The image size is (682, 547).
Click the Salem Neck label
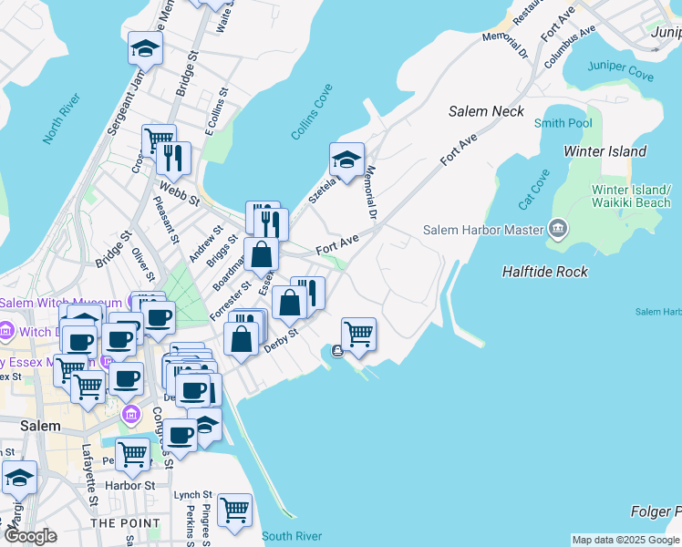pyautogui.click(x=486, y=111)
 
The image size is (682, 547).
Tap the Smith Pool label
pyautogui.click(x=563, y=123)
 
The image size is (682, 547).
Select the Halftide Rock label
pyautogui.click(x=544, y=272)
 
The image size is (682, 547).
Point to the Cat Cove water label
pyautogui.click(x=534, y=188)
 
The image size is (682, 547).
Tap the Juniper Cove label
pyautogui.click(x=620, y=66)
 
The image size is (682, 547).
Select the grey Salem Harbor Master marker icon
pyautogui.click(x=557, y=229)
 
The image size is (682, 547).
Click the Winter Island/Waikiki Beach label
pyautogui.click(x=630, y=196)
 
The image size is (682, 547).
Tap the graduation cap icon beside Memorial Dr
pyautogui.click(x=346, y=160)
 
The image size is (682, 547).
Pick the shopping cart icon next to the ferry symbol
pyautogui.click(x=358, y=335)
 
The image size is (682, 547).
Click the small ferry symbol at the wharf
pyautogui.click(x=337, y=351)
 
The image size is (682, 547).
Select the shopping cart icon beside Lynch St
pyautogui.click(x=234, y=511)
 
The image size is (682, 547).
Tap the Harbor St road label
pyautogui.click(x=129, y=486)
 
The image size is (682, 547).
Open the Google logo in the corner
pyautogui.click(x=31, y=536)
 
